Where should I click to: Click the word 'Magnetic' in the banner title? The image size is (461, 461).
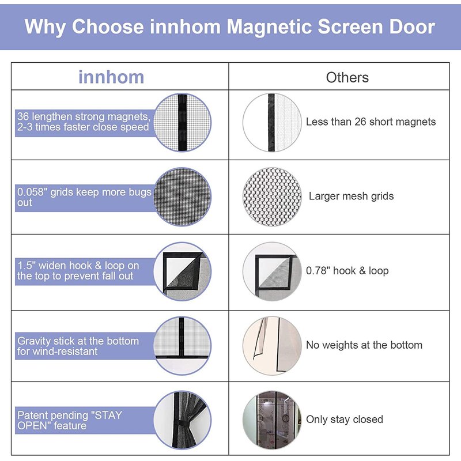(269, 27)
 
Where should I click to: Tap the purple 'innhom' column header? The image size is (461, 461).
(111, 77)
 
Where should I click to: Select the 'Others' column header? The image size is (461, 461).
(347, 78)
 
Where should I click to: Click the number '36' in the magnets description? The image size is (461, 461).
(23, 116)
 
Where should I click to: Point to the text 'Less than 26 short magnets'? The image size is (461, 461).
(371, 122)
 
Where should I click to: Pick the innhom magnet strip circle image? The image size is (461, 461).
(182, 123)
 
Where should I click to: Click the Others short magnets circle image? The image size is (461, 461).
(272, 123)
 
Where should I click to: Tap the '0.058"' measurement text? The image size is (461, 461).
(32, 192)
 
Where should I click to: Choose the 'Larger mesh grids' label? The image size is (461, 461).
(351, 196)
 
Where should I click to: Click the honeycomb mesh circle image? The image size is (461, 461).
(272, 197)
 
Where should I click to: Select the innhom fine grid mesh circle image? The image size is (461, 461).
(182, 197)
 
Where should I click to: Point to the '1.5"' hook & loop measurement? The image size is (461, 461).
(27, 266)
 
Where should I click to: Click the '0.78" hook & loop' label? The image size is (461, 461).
(347, 270)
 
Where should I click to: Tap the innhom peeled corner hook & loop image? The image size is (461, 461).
(182, 271)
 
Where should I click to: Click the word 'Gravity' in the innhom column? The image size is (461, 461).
(34, 341)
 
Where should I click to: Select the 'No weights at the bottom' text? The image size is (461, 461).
(364, 345)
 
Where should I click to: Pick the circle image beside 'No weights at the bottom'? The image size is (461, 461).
(272, 346)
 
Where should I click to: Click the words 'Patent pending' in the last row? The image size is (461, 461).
(52, 415)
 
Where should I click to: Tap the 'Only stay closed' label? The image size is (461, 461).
(344, 420)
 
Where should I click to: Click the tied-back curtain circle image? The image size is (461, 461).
(182, 420)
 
